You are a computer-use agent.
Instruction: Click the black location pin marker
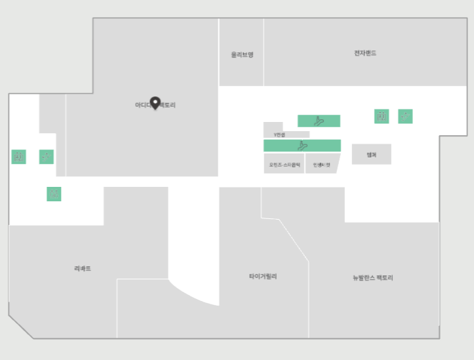(x=155, y=103)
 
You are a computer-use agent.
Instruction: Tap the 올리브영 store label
(x=242, y=54)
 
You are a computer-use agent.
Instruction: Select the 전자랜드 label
(x=365, y=53)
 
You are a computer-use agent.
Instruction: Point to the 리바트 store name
(x=83, y=268)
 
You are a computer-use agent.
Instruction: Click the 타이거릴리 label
(x=263, y=277)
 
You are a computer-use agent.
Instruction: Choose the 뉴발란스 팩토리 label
(x=372, y=277)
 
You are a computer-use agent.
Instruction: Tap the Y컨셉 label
(x=279, y=134)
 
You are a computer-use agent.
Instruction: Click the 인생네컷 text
(x=321, y=165)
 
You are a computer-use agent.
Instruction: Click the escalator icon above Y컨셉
(x=319, y=121)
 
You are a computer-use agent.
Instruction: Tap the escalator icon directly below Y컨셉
(x=302, y=145)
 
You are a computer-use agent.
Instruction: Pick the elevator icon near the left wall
(x=18, y=157)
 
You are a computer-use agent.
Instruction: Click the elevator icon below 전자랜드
(x=382, y=116)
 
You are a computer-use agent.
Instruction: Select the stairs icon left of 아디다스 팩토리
(x=46, y=157)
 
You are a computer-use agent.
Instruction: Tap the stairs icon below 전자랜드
(x=405, y=116)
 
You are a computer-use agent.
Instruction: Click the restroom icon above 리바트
(x=54, y=193)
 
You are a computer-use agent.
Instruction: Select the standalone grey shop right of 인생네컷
(x=371, y=154)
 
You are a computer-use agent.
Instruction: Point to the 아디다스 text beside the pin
(x=142, y=105)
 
